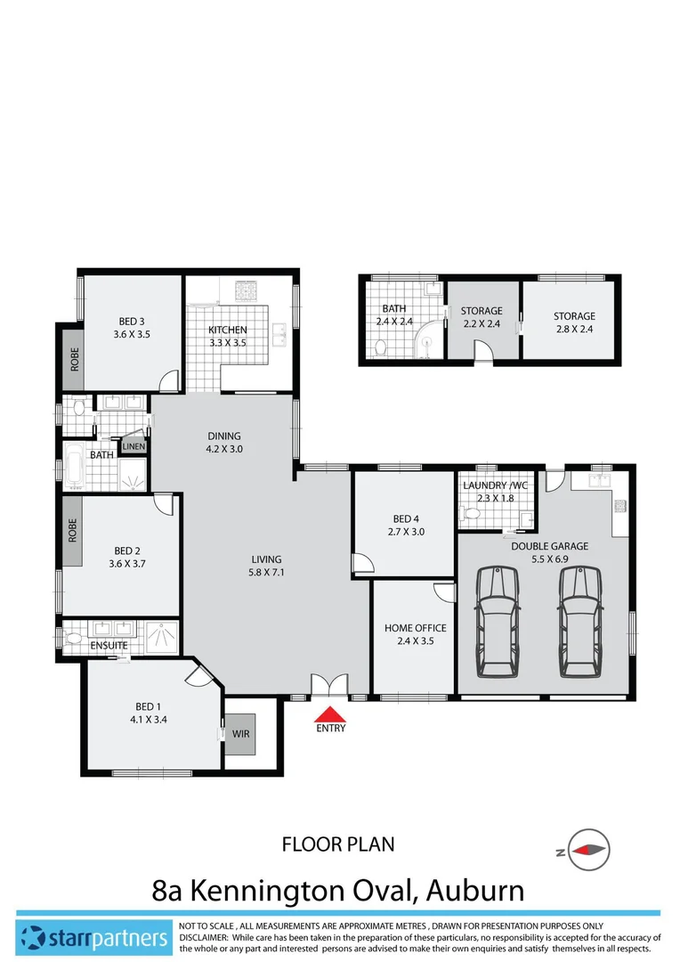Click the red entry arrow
pos(330,713)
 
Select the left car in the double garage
pos(497,621)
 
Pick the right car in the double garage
pos(579,621)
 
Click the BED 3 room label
pos(131,322)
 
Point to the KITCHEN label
pos(227,330)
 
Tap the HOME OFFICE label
pos(415,628)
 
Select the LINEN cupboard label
pos(134,446)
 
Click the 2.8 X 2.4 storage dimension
pos(574,329)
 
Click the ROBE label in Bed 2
pos(72,532)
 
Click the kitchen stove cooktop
pos(244,289)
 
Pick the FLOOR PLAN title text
pos(337,844)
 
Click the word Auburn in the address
pos(475,890)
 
